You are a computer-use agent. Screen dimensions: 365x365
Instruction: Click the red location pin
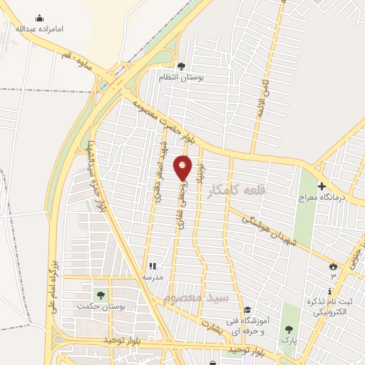pyautogui.click(x=182, y=168)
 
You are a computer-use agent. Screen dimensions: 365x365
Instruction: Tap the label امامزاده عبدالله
pyautogui.click(x=39, y=29)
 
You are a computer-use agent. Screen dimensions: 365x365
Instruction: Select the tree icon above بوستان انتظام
pyautogui.click(x=181, y=66)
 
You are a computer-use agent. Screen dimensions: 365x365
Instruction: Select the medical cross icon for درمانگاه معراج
pyautogui.click(x=322, y=185)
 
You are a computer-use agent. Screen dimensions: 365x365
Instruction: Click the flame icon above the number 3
pyautogui.click(x=333, y=265)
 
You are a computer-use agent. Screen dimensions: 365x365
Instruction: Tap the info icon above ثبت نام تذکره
pyautogui.click(x=329, y=291)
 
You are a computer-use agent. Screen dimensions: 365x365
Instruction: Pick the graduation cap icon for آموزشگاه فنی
pyautogui.click(x=247, y=310)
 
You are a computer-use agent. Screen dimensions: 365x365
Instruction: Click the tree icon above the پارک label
pyautogui.click(x=288, y=329)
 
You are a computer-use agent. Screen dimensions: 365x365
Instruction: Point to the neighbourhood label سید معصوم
pyautogui.click(x=193, y=297)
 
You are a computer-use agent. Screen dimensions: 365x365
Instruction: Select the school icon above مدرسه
pyautogui.click(x=152, y=265)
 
